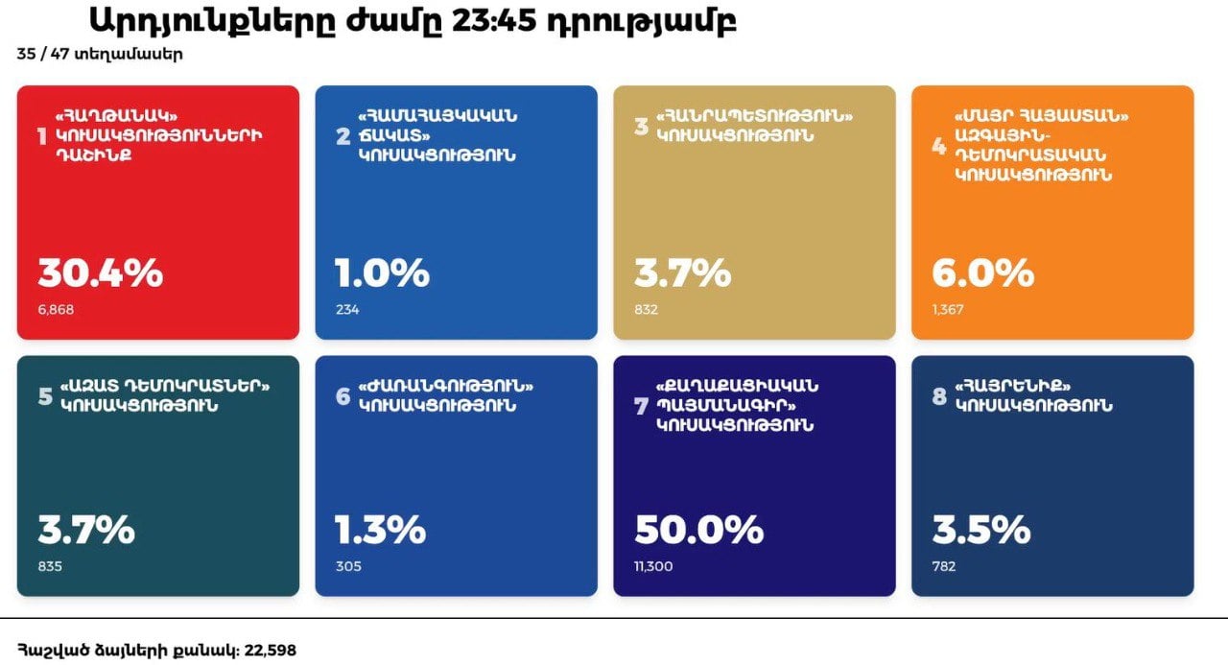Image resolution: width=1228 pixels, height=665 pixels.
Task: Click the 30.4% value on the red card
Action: [100, 273]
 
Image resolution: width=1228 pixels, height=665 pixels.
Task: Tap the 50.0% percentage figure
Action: [698, 529]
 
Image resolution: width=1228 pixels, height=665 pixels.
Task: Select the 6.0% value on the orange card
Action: [982, 273]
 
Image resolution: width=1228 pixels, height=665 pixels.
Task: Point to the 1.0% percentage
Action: [382, 273]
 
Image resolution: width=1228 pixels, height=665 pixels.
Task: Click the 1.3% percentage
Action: [380, 529]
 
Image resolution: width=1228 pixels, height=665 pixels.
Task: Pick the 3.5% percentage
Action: [980, 529]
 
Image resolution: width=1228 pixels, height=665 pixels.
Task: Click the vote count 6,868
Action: [56, 310]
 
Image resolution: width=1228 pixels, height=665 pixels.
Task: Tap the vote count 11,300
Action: [653, 566]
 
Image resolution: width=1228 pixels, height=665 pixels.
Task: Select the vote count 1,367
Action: [948, 310]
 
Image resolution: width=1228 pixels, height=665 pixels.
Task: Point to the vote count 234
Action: [347, 310]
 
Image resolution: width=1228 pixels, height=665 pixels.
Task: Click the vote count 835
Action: [50, 566]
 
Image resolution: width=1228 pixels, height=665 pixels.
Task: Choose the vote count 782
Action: [944, 566]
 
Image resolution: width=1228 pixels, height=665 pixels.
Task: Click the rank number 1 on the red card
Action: [41, 137]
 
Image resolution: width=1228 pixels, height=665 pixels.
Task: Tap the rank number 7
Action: [641, 406]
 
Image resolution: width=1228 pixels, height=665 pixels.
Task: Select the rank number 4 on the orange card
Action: [938, 147]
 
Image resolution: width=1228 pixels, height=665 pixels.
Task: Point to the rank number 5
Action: [44, 395]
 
